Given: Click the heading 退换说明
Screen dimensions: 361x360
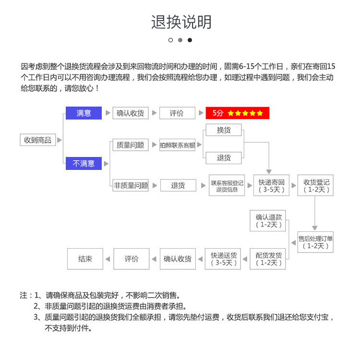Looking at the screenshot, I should tap(181, 22).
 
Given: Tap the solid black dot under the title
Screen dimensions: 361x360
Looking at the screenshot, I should tap(190, 40).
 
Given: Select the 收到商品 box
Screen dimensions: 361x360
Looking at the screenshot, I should tap(38, 140).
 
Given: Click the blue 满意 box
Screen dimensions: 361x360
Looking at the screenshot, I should tap(84, 113).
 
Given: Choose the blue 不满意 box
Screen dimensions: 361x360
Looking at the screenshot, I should tap(84, 163).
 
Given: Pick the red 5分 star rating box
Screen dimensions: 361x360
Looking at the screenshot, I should tap(238, 113).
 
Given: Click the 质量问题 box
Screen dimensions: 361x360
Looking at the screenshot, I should tap(130, 145).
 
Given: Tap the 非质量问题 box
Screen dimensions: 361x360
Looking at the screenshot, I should tap(131, 185).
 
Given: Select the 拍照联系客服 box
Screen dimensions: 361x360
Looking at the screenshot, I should tap(178, 145).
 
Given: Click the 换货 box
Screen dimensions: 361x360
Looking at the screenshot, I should tap(224, 130).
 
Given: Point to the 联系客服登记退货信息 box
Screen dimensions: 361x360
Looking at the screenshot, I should tap(227, 186).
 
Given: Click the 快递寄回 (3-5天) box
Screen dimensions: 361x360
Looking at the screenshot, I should tap(272, 186).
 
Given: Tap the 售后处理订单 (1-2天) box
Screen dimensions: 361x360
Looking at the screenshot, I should tap(315, 242).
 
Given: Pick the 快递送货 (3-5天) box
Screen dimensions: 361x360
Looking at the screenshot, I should tap(223, 259).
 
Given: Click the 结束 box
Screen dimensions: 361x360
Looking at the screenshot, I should tap(85, 259).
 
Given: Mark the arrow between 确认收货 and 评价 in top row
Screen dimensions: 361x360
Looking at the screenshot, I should tap(154, 113).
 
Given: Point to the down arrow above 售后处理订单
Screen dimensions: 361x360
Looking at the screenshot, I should tap(315, 227).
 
